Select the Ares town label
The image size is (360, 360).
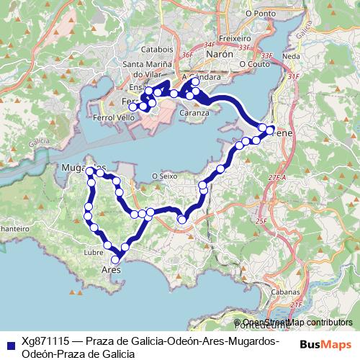[109, 270]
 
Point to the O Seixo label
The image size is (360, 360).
[165, 175]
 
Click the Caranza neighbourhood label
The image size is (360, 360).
[194, 113]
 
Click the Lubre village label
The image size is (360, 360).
[94, 253]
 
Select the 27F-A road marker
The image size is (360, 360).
[277, 176]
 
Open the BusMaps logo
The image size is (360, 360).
[327, 345]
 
